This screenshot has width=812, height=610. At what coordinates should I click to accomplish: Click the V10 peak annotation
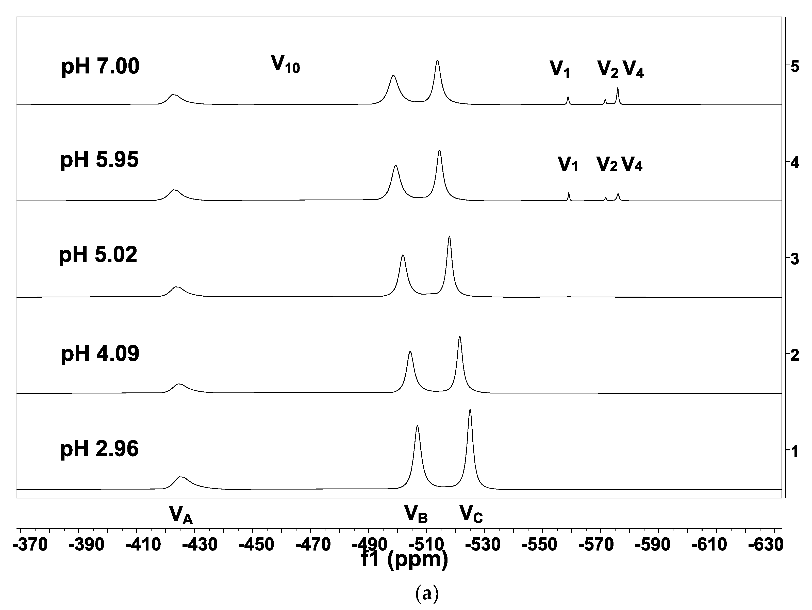(285, 64)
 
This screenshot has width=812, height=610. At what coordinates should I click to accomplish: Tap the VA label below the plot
(181, 514)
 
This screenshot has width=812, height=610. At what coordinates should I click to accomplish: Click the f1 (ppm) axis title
(405, 560)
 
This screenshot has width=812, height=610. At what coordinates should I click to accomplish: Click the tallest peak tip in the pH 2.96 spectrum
(470, 410)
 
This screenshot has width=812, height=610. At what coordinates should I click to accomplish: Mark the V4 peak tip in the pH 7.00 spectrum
(618, 88)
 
